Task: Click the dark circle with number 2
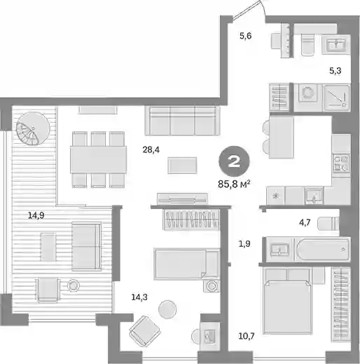point(234,161)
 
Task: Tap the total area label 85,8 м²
point(234,184)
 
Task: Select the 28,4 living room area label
point(151,149)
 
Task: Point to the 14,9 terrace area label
point(36,215)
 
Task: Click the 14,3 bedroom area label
point(139,297)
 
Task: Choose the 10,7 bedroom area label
point(247,336)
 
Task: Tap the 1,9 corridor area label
point(244,244)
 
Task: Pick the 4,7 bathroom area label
point(305,222)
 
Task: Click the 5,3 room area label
point(335,70)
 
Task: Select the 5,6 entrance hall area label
point(246,36)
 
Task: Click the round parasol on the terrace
point(33,128)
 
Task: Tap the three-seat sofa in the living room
point(182,121)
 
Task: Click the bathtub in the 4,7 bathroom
point(323,249)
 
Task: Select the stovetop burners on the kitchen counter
point(341,163)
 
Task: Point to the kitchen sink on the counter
point(314,196)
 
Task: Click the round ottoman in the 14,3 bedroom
point(167,309)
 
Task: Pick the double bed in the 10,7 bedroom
point(287,301)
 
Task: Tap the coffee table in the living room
point(182,166)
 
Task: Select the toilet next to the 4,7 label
point(328,224)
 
